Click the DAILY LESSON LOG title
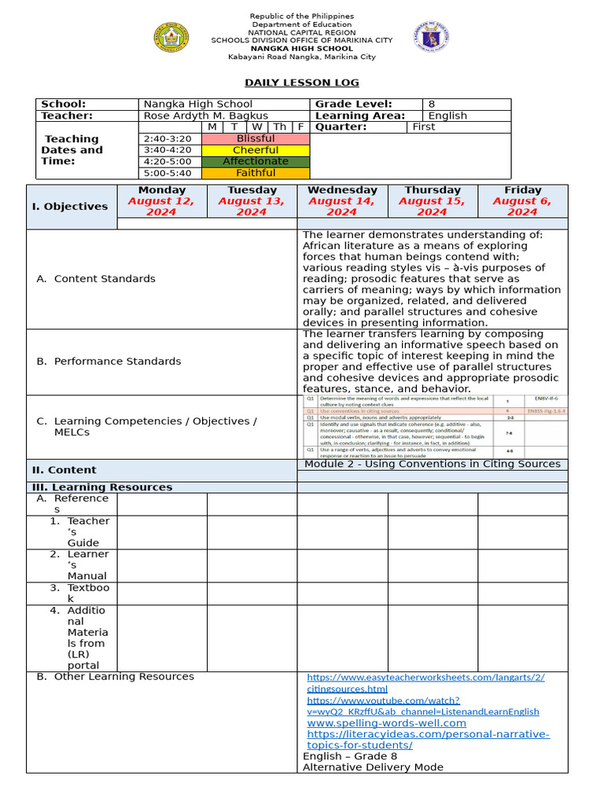(x=301, y=83)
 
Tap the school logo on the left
(x=171, y=37)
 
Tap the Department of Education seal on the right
(x=431, y=37)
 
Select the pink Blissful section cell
(x=256, y=138)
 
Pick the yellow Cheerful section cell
(x=256, y=150)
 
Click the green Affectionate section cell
(x=256, y=161)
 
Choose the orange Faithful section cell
(x=256, y=173)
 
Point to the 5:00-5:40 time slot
(x=167, y=173)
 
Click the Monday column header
(x=162, y=190)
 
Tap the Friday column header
(x=523, y=190)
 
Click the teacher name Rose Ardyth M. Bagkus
(x=205, y=116)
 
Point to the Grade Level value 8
(x=431, y=104)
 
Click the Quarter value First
(x=423, y=127)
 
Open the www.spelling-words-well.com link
(x=386, y=722)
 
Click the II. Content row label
(x=64, y=470)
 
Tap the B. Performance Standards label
(x=109, y=362)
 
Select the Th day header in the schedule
(x=279, y=127)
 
